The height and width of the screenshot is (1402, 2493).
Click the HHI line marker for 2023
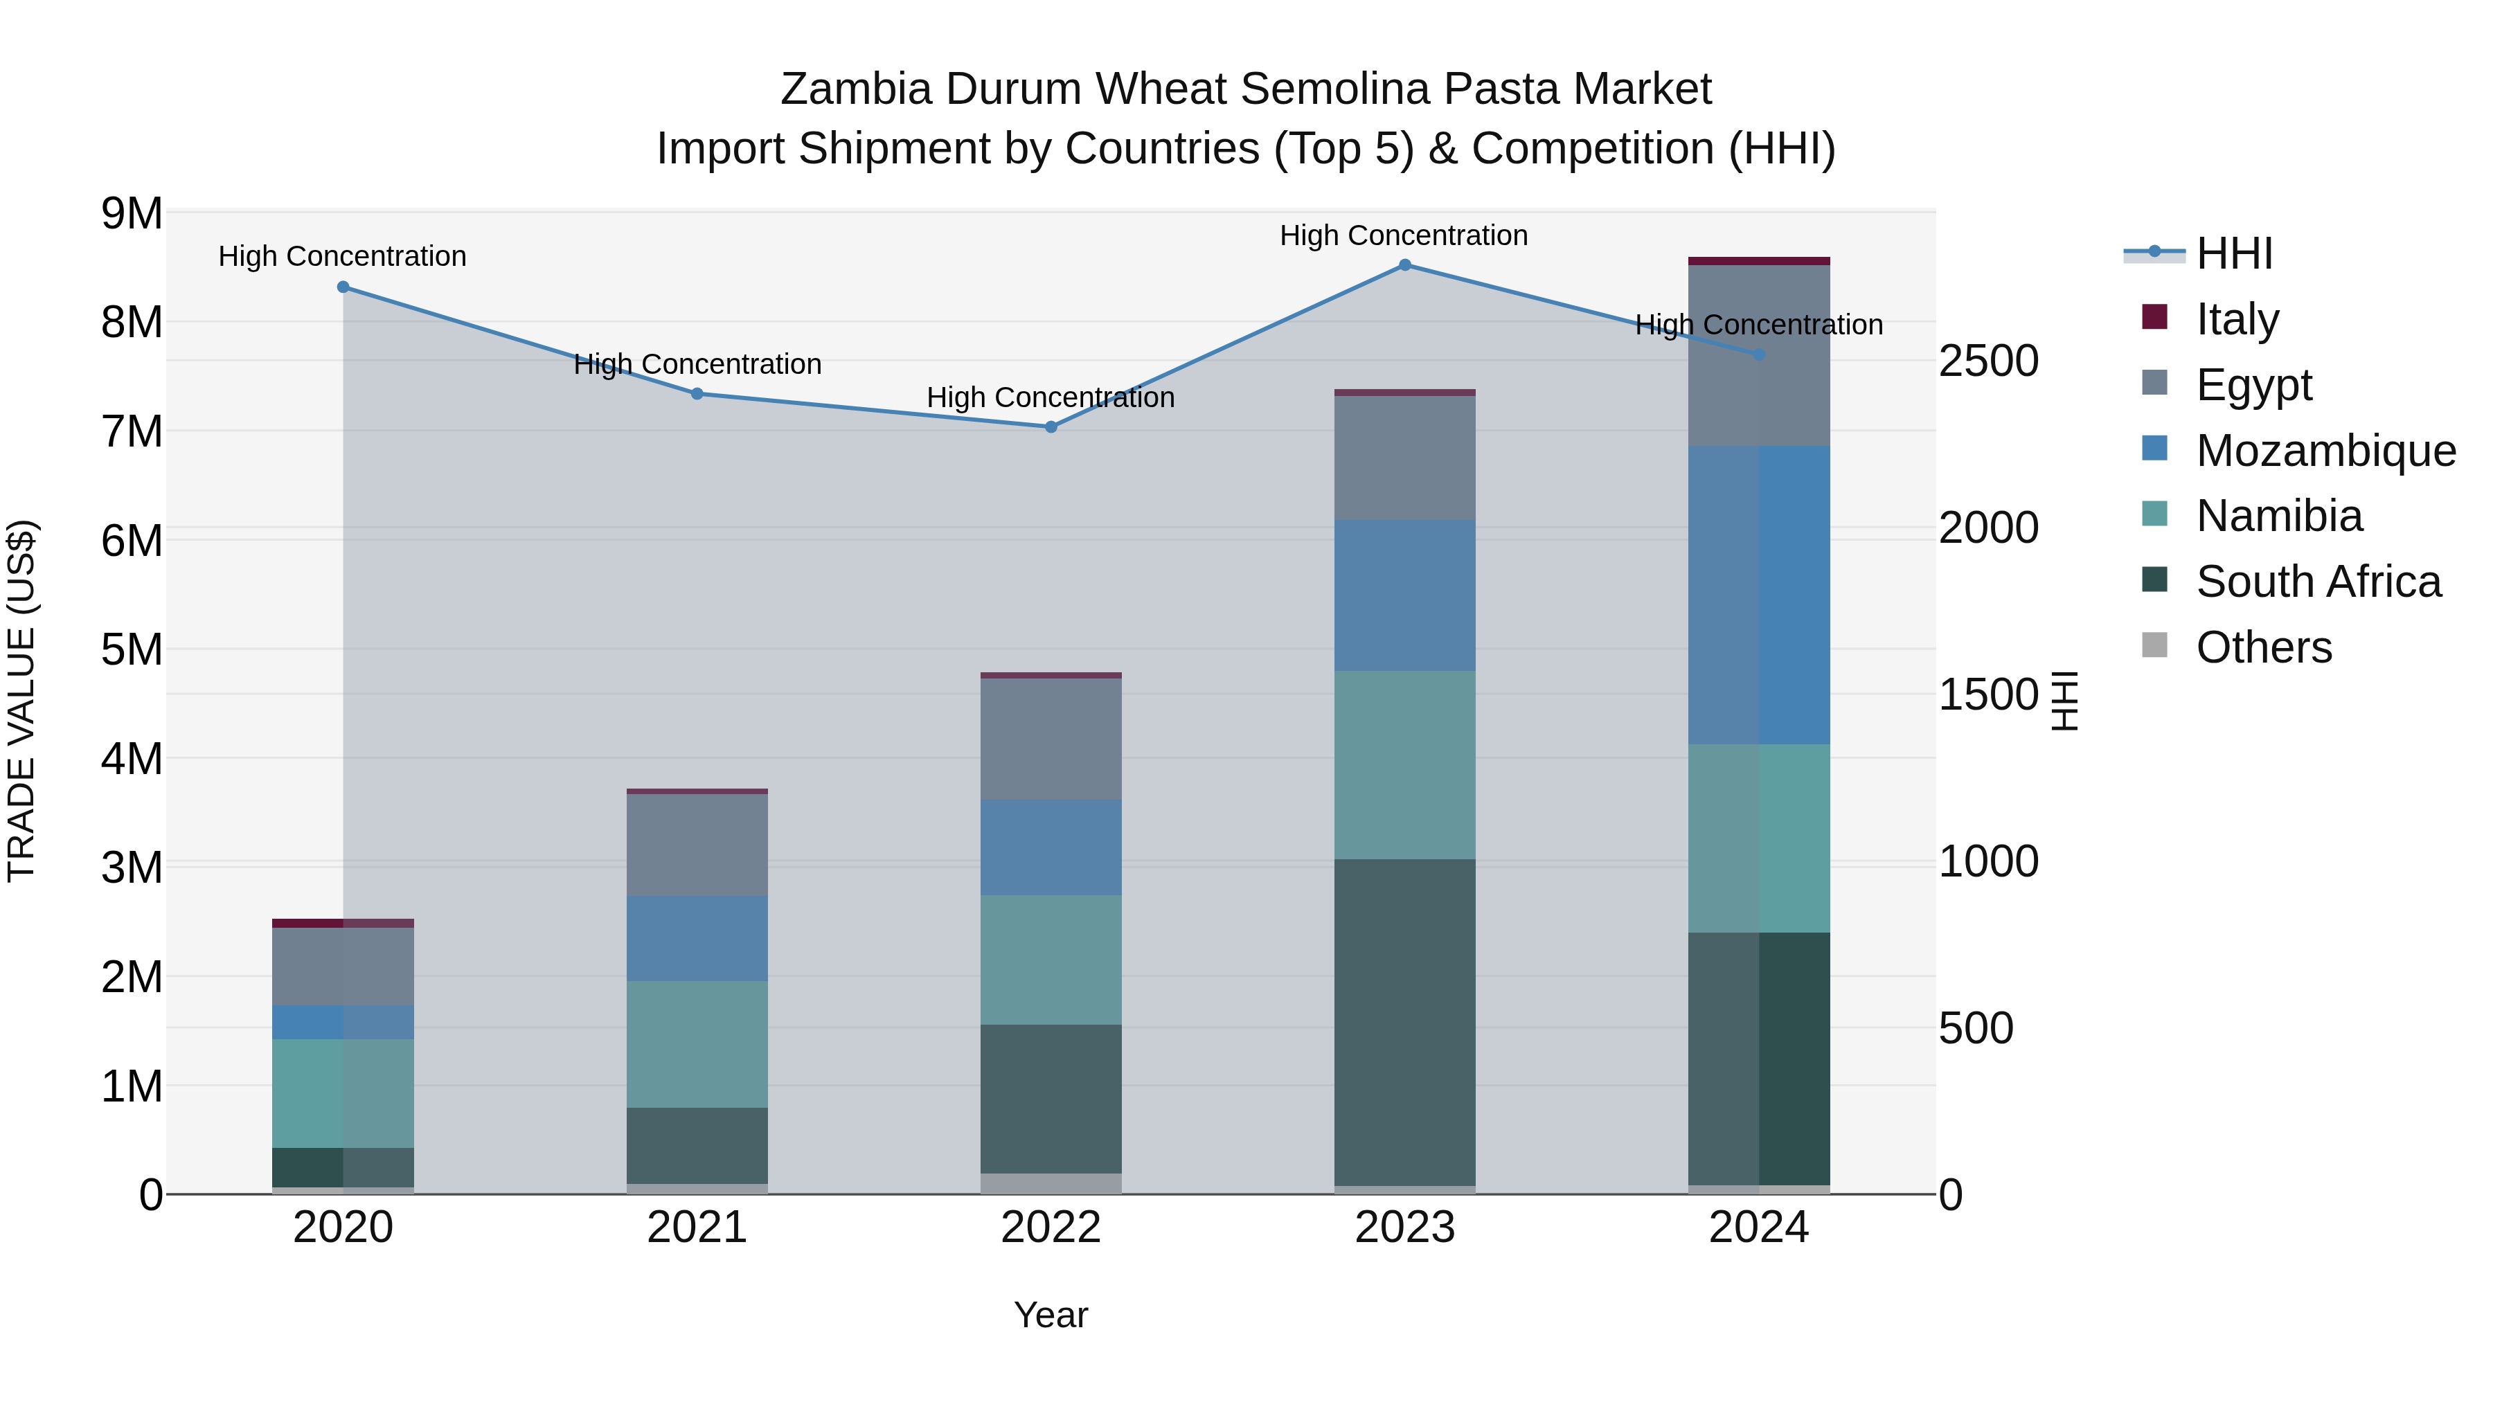tap(1404, 265)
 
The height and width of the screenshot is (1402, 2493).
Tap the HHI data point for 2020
tap(343, 287)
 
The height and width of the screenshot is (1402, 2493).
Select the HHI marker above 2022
tap(1051, 426)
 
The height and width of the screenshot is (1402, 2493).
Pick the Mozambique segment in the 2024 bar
tap(1758, 594)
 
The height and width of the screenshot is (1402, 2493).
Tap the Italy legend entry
tap(2237, 318)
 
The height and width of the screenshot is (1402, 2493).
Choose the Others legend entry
tap(2264, 647)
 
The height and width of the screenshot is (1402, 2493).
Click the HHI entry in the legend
tap(2233, 253)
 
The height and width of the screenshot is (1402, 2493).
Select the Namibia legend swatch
tap(2154, 514)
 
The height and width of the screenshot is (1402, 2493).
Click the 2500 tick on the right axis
tap(1987, 361)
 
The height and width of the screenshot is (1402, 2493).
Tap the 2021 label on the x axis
tap(697, 1228)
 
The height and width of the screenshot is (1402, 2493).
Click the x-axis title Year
tap(1051, 1315)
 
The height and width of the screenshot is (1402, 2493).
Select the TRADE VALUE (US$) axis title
tap(21, 701)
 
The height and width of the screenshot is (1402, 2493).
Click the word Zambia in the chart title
tap(855, 89)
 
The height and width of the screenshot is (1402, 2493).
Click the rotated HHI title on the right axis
tap(2064, 701)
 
